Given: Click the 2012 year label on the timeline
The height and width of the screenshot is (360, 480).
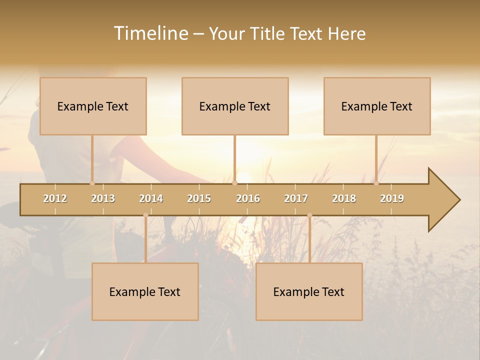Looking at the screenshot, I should click(55, 198).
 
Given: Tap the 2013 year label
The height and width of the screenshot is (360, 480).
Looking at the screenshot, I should click(103, 198).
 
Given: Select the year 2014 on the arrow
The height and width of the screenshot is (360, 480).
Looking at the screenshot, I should click(151, 198).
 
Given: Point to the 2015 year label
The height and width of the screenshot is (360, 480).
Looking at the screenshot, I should click(199, 198).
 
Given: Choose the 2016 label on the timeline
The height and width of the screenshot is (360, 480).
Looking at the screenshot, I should click(248, 198).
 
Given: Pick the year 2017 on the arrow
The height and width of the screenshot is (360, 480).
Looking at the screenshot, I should click(296, 198).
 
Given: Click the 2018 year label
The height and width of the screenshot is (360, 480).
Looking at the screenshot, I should click(344, 198).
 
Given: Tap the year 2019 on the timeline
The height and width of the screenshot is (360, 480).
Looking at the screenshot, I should click(392, 198).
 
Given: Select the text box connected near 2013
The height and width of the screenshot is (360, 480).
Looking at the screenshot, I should click(93, 106).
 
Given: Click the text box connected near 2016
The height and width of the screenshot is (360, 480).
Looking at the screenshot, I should click(235, 106).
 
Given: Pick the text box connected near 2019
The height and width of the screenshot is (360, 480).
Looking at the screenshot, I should click(377, 106).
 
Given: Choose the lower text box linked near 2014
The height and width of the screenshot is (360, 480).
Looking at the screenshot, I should click(145, 291).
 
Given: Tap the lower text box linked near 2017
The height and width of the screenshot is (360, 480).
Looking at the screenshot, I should click(309, 291).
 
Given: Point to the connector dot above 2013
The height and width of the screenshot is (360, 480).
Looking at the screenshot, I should click(92, 183).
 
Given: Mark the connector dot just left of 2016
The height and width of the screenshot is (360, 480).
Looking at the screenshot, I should click(234, 183).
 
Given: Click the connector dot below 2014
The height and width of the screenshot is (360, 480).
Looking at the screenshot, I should click(145, 215).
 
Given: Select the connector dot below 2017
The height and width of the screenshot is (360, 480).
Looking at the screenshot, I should click(309, 215).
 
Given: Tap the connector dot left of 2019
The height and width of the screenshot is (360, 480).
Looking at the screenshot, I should click(376, 183).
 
